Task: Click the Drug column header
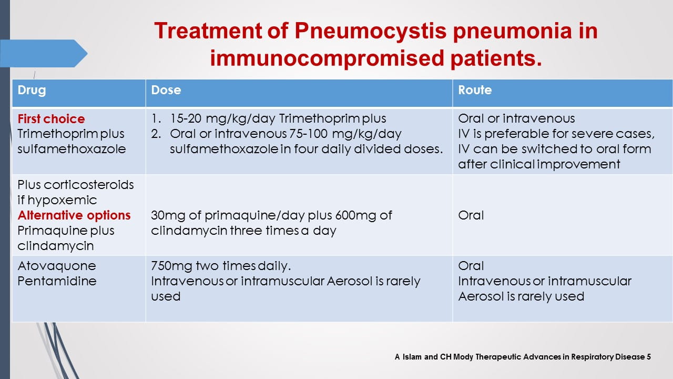(32, 90)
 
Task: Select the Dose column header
(166, 90)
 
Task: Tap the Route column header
(475, 90)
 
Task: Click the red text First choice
(51, 119)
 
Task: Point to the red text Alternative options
(74, 215)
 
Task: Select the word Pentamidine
(57, 281)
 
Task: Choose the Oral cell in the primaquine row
(471, 215)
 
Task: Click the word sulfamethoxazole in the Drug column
(72, 149)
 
